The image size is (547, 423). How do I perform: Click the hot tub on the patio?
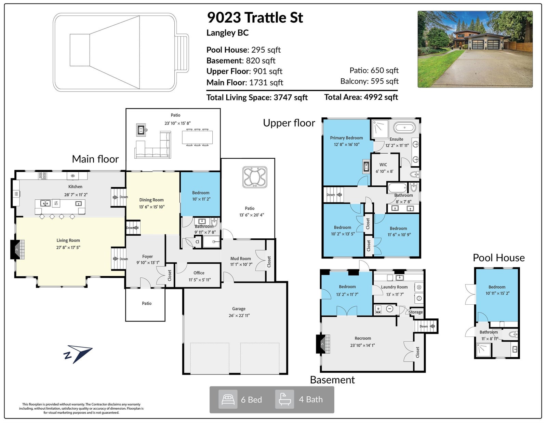254,177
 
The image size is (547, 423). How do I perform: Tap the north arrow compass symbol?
78,354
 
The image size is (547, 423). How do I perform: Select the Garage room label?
239,309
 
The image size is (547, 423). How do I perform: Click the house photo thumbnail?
475,49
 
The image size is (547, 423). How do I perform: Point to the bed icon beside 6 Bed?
228,399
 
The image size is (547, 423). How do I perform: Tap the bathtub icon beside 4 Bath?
284,399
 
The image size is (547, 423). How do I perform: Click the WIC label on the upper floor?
383,165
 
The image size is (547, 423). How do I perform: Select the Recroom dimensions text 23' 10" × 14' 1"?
362,345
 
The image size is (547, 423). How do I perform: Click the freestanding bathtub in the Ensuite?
404,128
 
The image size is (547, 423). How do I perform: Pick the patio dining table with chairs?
197,137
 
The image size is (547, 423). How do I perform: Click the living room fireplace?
17,250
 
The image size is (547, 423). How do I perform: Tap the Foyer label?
147,256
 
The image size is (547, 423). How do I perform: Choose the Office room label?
199,273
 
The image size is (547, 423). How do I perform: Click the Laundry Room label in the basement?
394,287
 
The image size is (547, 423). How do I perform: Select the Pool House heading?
499,258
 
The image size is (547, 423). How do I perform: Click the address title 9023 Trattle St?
255,17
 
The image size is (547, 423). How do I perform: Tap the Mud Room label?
240,259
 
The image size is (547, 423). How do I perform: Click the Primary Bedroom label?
346,138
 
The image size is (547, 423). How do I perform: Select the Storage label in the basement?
416,312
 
